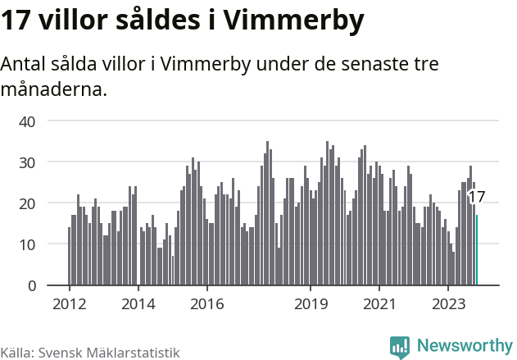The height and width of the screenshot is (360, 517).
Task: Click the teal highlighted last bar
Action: point(477,250)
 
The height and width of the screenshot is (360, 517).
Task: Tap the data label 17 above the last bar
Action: point(477,197)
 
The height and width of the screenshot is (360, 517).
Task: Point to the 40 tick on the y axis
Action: point(27,121)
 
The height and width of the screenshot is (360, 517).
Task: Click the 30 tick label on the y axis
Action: point(27,162)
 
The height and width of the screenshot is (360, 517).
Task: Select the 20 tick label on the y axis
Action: point(27,203)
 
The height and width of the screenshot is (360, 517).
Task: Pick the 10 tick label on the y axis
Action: point(27,244)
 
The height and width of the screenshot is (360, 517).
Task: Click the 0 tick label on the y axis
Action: point(32,285)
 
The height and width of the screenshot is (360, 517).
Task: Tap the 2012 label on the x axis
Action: point(69,305)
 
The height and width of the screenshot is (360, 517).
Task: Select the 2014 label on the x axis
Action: point(138,305)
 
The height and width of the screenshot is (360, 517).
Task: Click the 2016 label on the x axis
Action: point(206,305)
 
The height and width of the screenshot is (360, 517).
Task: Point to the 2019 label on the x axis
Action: point(311,305)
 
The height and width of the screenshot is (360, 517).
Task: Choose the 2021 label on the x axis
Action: point(379,305)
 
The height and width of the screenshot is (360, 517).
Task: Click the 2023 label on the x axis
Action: point(448,305)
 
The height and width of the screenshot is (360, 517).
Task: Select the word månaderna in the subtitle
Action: point(54,89)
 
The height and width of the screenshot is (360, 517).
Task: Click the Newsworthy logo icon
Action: point(400,347)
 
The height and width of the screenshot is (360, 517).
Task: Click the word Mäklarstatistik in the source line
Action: point(135,353)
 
